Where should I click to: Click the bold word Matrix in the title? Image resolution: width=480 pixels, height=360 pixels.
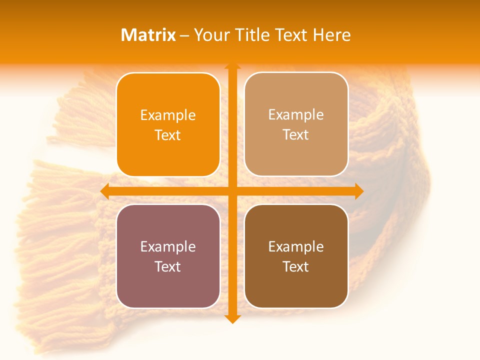tap(148, 35)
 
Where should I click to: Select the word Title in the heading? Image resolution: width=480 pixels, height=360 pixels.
tap(251, 35)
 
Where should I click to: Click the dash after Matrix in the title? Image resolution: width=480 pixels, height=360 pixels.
tap(185, 35)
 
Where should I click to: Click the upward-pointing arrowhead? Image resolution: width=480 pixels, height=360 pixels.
tap(232, 66)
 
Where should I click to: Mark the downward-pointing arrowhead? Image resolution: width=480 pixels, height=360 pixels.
tap(232, 319)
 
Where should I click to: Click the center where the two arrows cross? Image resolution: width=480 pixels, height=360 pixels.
tap(232, 191)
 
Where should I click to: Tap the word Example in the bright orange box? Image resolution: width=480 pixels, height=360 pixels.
tap(168, 115)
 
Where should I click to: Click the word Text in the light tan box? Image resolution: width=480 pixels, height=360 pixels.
tap(296, 135)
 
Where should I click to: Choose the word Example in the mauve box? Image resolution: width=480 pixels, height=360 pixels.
tap(168, 246)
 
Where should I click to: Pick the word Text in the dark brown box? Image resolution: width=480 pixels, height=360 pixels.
tap(296, 266)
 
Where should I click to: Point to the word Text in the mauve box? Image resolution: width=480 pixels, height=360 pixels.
tap(168, 266)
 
